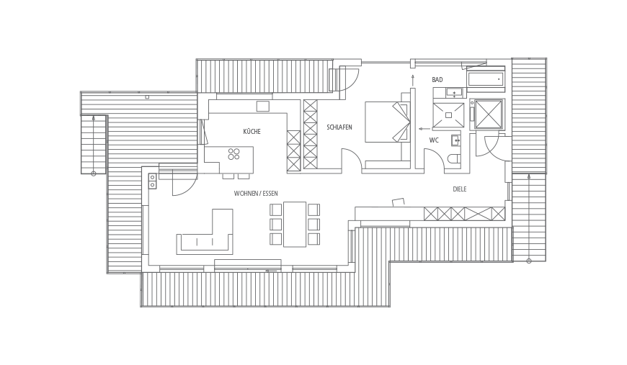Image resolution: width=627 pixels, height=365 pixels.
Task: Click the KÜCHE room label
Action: point(252,131)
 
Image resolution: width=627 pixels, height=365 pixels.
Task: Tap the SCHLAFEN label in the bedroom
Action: point(339,127)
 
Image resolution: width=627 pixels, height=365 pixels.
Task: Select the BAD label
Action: point(437,80)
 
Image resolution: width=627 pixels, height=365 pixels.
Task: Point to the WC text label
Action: point(434,140)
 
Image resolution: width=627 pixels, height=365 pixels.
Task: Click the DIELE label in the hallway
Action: point(460,189)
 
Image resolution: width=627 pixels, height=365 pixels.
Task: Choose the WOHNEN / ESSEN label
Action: point(256,194)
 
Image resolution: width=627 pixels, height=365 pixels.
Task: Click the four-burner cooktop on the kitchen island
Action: point(234,154)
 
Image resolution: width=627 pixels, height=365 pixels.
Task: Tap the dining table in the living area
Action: point(295,224)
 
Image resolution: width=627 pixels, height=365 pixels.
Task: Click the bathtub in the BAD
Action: point(486,79)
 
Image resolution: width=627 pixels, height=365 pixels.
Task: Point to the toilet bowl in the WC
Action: point(454,158)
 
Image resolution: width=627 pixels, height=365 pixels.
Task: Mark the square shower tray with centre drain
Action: point(449,115)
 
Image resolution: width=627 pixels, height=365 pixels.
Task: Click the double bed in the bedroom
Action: point(387,122)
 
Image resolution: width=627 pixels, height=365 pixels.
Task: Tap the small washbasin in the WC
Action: point(455,140)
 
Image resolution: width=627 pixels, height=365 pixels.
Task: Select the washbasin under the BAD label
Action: point(454,93)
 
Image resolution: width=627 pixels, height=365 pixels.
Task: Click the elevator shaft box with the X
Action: point(488,114)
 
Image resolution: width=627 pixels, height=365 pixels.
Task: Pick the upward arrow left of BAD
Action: point(413,80)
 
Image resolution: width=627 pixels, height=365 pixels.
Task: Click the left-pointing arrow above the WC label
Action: point(424,129)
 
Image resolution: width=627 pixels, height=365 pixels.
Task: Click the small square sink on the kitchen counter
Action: point(263,107)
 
